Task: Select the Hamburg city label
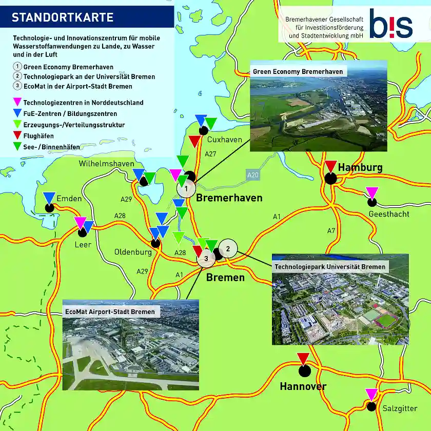[360, 168]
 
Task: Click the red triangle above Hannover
[303, 358]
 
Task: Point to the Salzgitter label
[400, 408]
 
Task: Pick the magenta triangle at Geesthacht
[371, 192]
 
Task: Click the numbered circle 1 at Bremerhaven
[186, 188]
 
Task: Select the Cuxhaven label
[225, 140]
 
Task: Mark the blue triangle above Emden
[49, 197]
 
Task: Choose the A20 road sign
[252, 175]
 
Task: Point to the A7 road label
[331, 231]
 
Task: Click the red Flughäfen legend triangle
[17, 136]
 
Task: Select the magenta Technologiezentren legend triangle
[17, 103]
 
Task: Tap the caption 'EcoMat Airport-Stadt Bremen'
[110, 311]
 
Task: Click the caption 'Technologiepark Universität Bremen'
[330, 267]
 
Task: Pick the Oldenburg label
[133, 252]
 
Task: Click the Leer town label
[83, 244]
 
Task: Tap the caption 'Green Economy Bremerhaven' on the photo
[298, 72]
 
